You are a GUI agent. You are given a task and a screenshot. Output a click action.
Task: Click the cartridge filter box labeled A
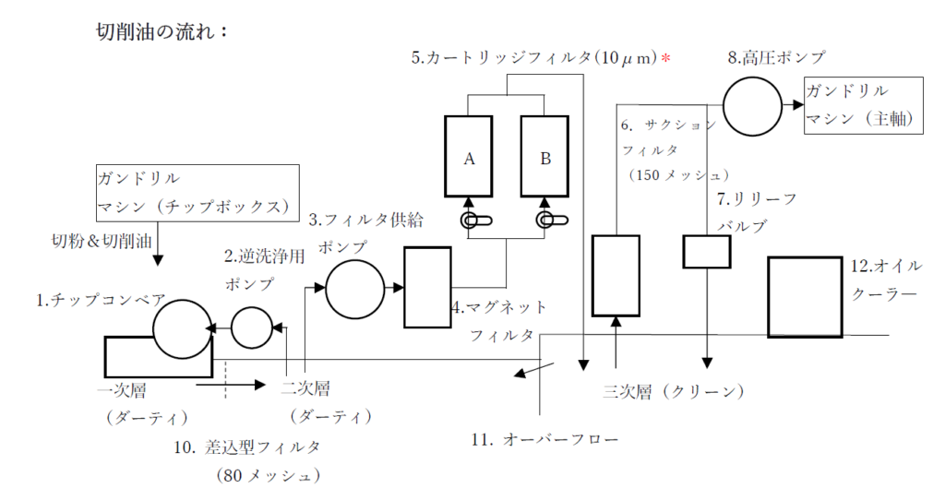pyautogui.click(x=469, y=157)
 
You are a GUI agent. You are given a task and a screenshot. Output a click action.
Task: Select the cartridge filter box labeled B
pyautogui.click(x=545, y=157)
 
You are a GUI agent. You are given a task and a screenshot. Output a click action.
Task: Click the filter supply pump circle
pyautogui.click(x=354, y=289)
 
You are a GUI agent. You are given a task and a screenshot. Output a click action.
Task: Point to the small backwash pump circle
pyautogui.click(x=253, y=327)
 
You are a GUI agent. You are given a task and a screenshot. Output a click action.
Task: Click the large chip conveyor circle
pyautogui.click(x=182, y=328)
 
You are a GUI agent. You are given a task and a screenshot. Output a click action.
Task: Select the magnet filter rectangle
pyautogui.click(x=427, y=287)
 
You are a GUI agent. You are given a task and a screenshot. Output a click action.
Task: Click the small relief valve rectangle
pyautogui.click(x=706, y=251)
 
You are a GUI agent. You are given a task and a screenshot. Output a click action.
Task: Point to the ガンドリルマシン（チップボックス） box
pyautogui.click(x=198, y=192)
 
